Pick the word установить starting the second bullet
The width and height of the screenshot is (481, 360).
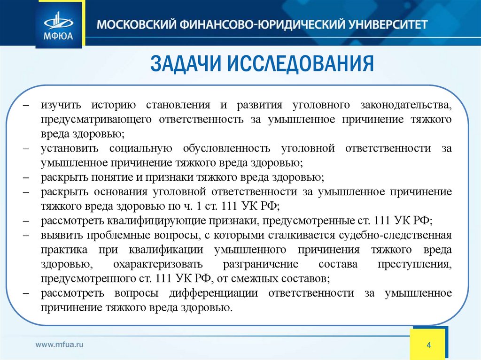(69, 148)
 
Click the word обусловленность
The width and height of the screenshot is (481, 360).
(224, 148)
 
